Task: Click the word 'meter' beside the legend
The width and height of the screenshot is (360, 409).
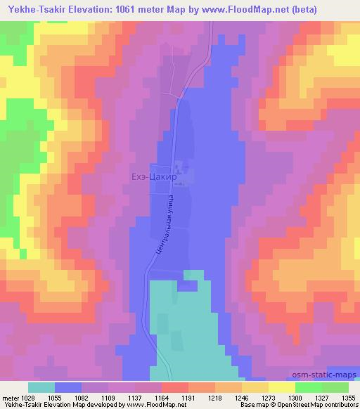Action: click(x=11, y=397)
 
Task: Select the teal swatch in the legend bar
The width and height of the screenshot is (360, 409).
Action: click(x=41, y=387)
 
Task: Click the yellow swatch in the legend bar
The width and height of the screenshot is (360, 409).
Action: click(x=281, y=387)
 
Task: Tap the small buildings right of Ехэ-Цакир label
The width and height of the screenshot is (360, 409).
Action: click(x=181, y=171)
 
